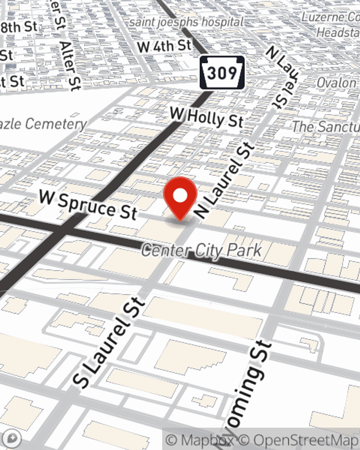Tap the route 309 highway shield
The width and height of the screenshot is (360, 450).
coord(222,73)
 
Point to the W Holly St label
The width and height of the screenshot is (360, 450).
coord(207,117)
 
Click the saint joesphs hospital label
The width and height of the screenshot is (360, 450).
coord(186,22)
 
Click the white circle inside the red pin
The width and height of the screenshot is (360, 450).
coord(180,196)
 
